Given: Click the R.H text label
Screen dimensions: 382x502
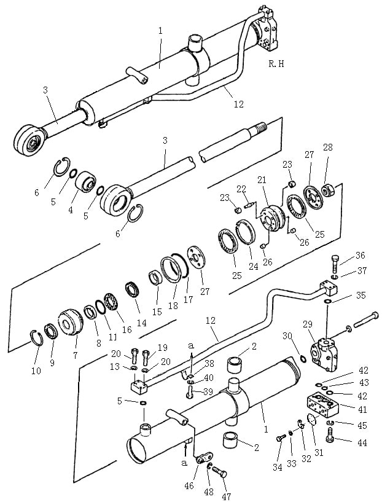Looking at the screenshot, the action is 276,64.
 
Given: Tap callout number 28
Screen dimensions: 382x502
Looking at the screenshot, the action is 327,147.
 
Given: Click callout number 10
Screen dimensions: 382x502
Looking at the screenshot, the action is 36,371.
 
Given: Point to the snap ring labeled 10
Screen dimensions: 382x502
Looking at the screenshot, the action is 37,338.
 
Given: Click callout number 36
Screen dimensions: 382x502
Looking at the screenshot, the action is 361,256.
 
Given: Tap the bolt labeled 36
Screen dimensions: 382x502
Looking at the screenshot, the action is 334,264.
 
